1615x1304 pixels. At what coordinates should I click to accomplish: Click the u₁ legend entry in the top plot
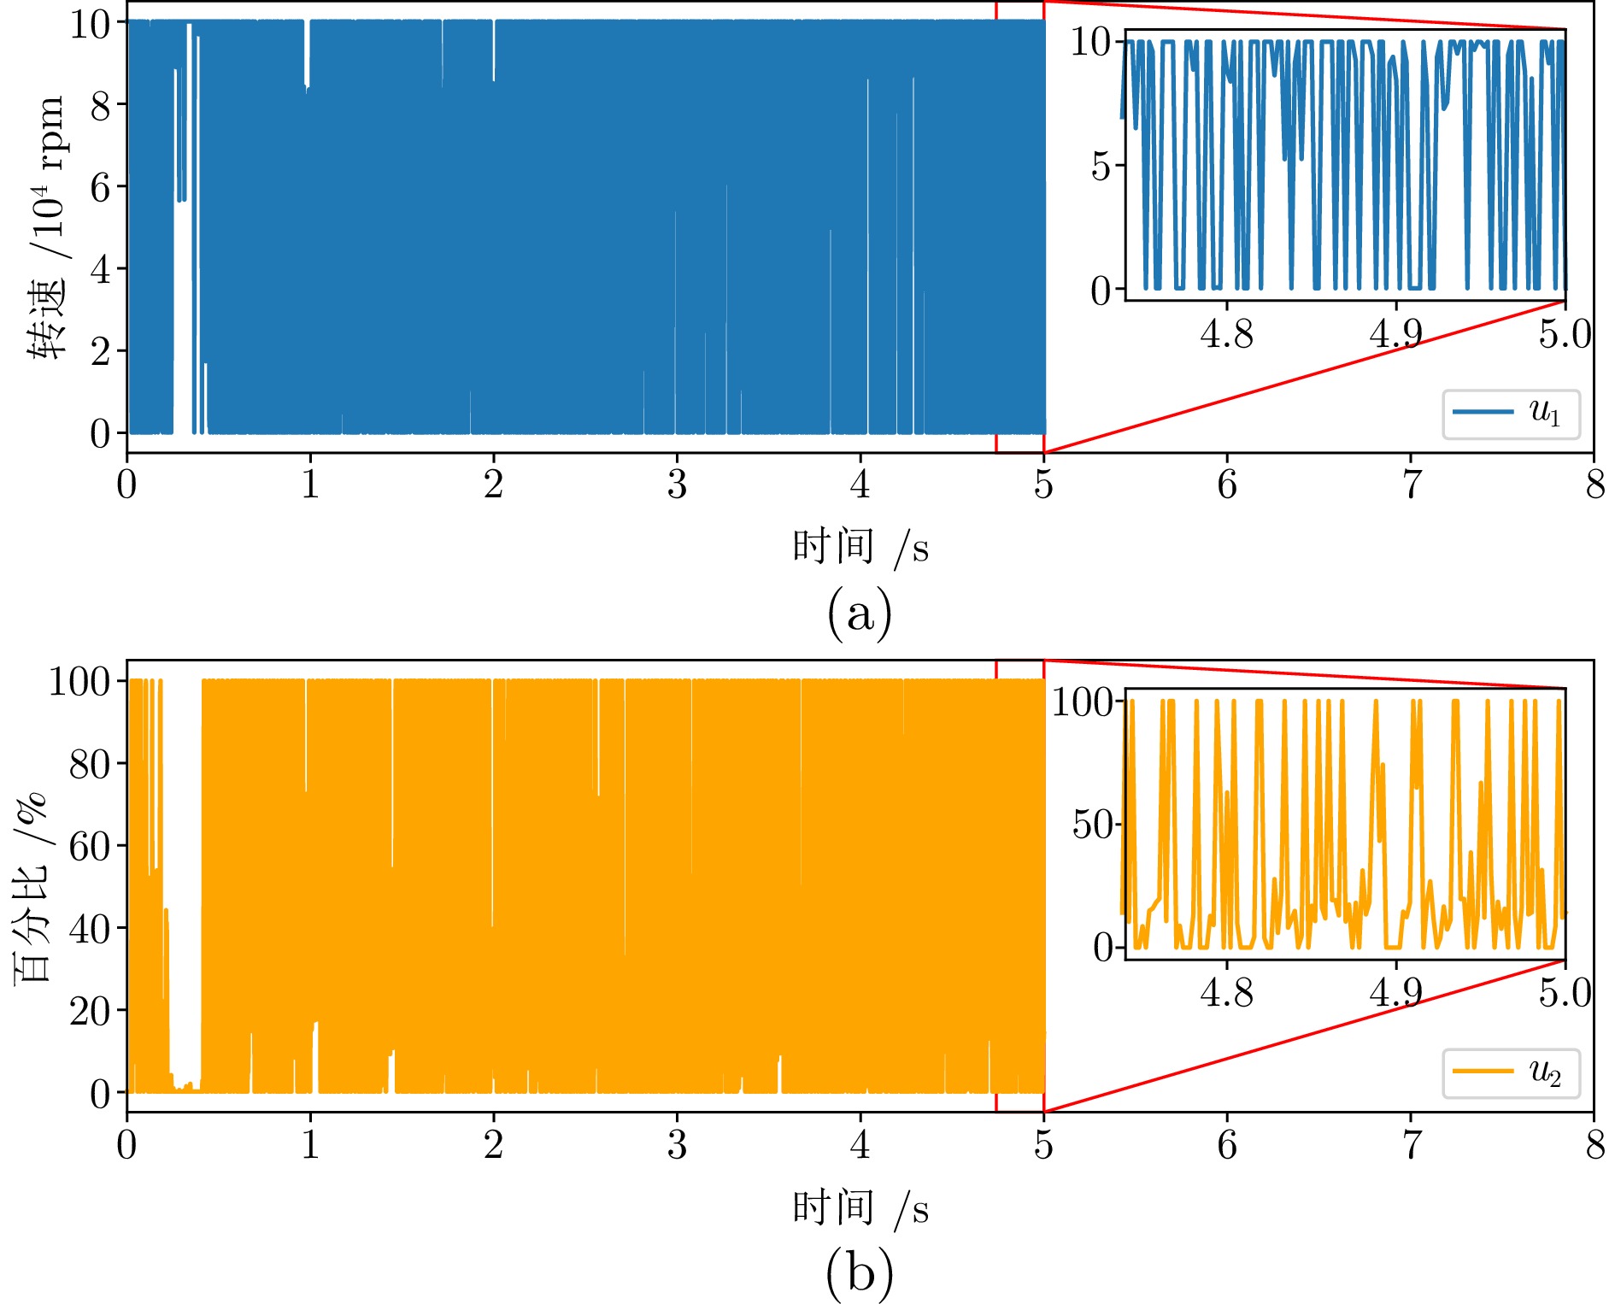(1511, 414)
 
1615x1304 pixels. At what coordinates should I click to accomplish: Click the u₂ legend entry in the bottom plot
(1511, 1073)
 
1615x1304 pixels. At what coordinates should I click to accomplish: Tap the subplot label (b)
(859, 1272)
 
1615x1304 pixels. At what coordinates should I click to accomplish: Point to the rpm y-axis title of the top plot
(48, 228)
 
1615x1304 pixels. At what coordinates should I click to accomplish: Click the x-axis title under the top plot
(860, 547)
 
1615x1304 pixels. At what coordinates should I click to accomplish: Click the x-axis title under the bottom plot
(860, 1207)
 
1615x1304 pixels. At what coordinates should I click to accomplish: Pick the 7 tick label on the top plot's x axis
(1411, 485)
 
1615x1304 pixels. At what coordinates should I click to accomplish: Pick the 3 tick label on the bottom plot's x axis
(677, 1145)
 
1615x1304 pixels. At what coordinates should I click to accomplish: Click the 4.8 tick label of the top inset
(1226, 334)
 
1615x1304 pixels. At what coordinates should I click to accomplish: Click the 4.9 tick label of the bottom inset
(1395, 993)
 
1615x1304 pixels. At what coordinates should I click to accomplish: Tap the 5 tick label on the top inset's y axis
(1101, 166)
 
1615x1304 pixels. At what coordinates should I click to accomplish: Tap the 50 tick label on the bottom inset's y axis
(1092, 825)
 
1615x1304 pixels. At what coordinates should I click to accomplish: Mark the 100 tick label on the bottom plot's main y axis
(79, 682)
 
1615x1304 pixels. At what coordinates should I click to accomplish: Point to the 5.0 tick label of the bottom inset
(1565, 993)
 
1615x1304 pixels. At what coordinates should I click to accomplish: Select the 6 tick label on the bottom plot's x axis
(1227, 1145)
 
